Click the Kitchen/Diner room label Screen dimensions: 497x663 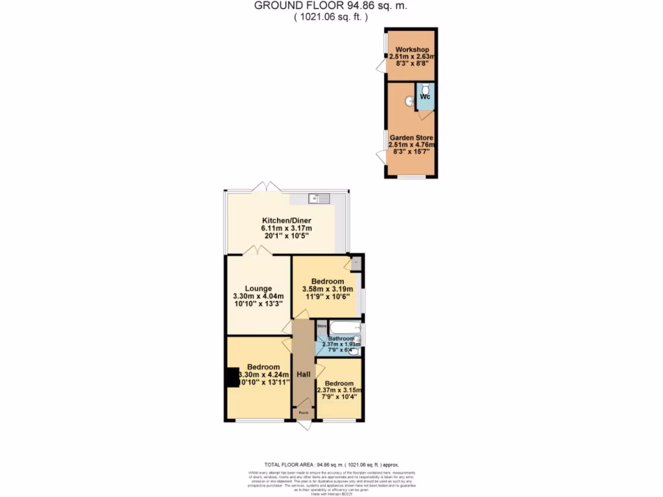click(x=286, y=220)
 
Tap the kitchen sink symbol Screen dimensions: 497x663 click(x=319, y=198)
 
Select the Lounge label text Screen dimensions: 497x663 click(x=258, y=289)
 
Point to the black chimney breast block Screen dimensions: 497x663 click(x=231, y=377)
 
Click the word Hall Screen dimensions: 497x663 click(x=303, y=374)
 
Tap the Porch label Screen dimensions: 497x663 click(x=302, y=412)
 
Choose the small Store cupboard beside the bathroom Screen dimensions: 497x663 click(x=321, y=326)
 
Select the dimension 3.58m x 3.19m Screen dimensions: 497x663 click(x=327, y=289)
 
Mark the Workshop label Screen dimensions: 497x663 click(x=412, y=50)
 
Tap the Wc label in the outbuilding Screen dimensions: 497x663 click(x=425, y=97)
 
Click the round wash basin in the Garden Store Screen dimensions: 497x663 click(x=409, y=101)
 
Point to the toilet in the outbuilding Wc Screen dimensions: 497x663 click(x=425, y=87)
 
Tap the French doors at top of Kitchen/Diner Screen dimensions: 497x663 click(x=266, y=186)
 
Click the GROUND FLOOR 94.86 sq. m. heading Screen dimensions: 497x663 click(x=331, y=6)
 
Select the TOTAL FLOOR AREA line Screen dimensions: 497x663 click(x=331, y=465)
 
